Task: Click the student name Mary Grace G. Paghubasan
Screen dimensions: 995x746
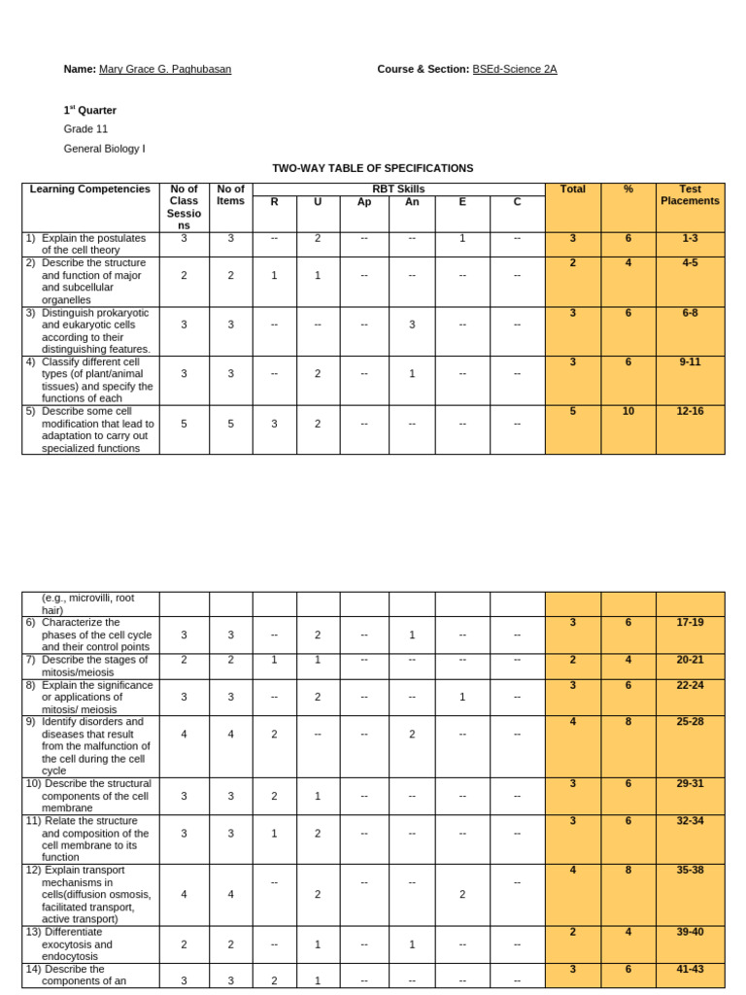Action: point(165,69)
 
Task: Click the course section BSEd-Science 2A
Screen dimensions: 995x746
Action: point(514,69)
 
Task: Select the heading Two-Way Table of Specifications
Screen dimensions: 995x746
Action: point(372,168)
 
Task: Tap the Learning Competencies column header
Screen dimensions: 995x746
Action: point(90,189)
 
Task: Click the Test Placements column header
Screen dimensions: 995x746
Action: point(690,195)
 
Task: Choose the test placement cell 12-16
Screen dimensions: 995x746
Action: point(690,412)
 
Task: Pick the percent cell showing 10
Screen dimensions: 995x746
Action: point(628,412)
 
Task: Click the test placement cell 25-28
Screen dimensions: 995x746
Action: point(690,722)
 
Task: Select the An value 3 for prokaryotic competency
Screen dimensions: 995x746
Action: point(412,325)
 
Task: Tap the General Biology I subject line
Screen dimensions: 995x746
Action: point(104,149)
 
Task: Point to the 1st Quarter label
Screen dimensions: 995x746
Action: point(90,110)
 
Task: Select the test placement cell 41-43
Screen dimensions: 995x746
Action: point(690,970)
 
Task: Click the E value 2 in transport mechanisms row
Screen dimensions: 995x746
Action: point(462,894)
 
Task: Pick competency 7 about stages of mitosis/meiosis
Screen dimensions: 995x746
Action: point(88,666)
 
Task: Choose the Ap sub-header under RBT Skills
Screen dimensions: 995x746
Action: point(364,202)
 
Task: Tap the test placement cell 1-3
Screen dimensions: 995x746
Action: point(690,238)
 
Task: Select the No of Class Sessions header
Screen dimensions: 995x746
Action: point(184,207)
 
